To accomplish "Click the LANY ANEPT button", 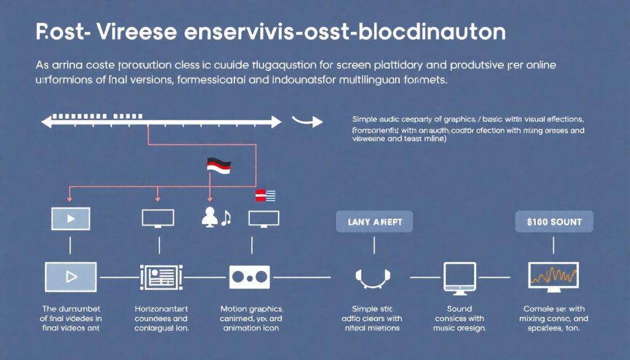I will pos(374,222).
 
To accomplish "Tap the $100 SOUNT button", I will pos(554,222).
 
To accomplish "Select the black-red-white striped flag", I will pos(218,164).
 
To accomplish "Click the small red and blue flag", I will pos(265,196).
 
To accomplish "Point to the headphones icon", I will pos(374,278).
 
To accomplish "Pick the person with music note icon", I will pos(215,217).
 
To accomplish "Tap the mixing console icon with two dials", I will pos(249,277).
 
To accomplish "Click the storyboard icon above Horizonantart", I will pos(161,277).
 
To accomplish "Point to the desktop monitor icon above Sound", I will pos(460,276).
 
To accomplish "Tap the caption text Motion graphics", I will pos(251,308).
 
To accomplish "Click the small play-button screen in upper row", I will pos(71,218).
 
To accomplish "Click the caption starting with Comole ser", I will pos(554,308).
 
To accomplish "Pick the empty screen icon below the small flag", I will pos(264,218).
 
